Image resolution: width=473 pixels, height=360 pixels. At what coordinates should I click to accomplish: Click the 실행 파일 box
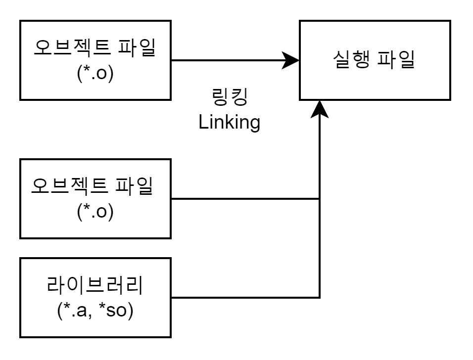375,60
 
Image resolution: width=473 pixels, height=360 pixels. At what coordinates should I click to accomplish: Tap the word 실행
350,60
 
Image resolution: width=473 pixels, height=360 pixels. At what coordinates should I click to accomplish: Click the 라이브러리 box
95,298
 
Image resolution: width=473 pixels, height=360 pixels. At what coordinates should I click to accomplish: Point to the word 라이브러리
95,286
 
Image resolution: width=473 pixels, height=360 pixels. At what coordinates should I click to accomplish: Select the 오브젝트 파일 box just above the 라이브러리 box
95,199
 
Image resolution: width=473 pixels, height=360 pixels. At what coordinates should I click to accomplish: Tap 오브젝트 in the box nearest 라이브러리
69,186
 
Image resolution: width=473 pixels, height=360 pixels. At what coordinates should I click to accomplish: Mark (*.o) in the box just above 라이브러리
95,212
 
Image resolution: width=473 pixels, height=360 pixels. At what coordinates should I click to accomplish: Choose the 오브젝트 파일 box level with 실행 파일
95,60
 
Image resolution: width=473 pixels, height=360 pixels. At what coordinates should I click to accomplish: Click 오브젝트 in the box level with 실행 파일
72,48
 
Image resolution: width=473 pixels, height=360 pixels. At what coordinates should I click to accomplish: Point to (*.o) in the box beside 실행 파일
95,74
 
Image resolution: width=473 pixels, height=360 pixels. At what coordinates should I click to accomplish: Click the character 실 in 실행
341,60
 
